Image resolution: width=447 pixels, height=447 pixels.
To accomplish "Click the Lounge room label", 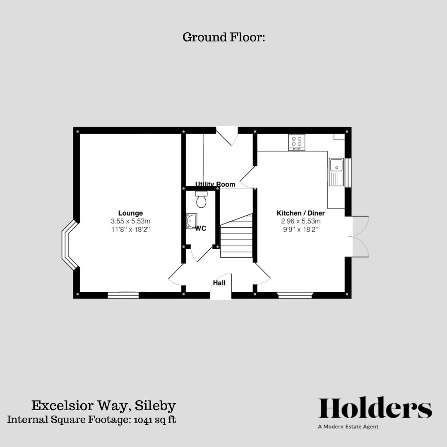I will [x=130, y=214].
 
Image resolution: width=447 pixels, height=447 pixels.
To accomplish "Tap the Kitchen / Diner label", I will [x=300, y=213].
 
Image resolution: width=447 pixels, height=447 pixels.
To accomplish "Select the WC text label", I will [x=201, y=228].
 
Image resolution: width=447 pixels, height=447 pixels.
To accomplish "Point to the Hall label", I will [x=219, y=283].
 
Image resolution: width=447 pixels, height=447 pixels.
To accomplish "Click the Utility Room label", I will [x=215, y=184].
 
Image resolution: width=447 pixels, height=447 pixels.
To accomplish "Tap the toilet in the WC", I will [x=201, y=199].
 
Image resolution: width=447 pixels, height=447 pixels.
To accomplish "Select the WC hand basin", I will [x=191, y=221].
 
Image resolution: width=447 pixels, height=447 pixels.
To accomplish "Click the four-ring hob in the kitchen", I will [x=296, y=142].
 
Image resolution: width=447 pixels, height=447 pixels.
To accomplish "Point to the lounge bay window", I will [x=69, y=245].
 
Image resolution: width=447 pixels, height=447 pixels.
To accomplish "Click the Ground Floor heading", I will [x=223, y=37].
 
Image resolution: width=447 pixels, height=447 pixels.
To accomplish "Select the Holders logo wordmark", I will [x=375, y=408].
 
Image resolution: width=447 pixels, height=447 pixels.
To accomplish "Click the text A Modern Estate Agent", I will [x=348, y=427].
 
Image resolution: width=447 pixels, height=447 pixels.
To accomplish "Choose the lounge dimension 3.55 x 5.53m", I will [x=130, y=221].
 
